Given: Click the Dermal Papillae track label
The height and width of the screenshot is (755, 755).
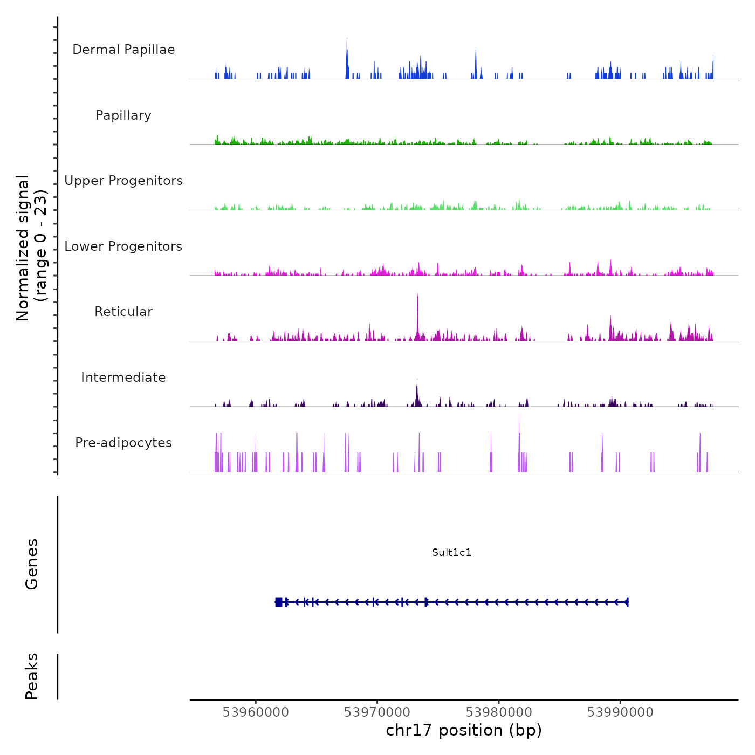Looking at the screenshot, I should point(123,50).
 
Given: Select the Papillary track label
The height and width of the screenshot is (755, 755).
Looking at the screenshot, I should point(123,115).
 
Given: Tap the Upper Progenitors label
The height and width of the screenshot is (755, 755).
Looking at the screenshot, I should point(123,181).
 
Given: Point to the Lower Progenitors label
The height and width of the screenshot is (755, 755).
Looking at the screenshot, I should point(123,246).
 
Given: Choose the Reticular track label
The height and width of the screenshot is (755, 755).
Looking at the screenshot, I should point(123,312).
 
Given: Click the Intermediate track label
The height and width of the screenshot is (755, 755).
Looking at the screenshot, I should point(123,377).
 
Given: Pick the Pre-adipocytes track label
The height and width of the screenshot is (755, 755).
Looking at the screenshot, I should point(123,443).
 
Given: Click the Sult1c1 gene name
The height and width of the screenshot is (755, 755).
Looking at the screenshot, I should point(452,553).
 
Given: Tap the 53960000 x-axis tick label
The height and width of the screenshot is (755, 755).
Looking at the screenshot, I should point(256,712).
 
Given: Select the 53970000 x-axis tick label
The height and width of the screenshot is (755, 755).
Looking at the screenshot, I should point(377,712).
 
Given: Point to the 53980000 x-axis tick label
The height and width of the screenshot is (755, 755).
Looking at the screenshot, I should point(499,712).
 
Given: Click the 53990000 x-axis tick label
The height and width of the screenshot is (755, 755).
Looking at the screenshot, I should point(620,712).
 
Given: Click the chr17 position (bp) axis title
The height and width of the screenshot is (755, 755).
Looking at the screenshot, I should point(464,731).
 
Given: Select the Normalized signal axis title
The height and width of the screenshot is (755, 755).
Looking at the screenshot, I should point(31,248).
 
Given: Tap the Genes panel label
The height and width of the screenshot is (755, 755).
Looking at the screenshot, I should point(32,564).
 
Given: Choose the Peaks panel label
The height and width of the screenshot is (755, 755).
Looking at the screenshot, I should point(32,676).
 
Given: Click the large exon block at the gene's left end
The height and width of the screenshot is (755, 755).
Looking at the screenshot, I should point(279,602).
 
